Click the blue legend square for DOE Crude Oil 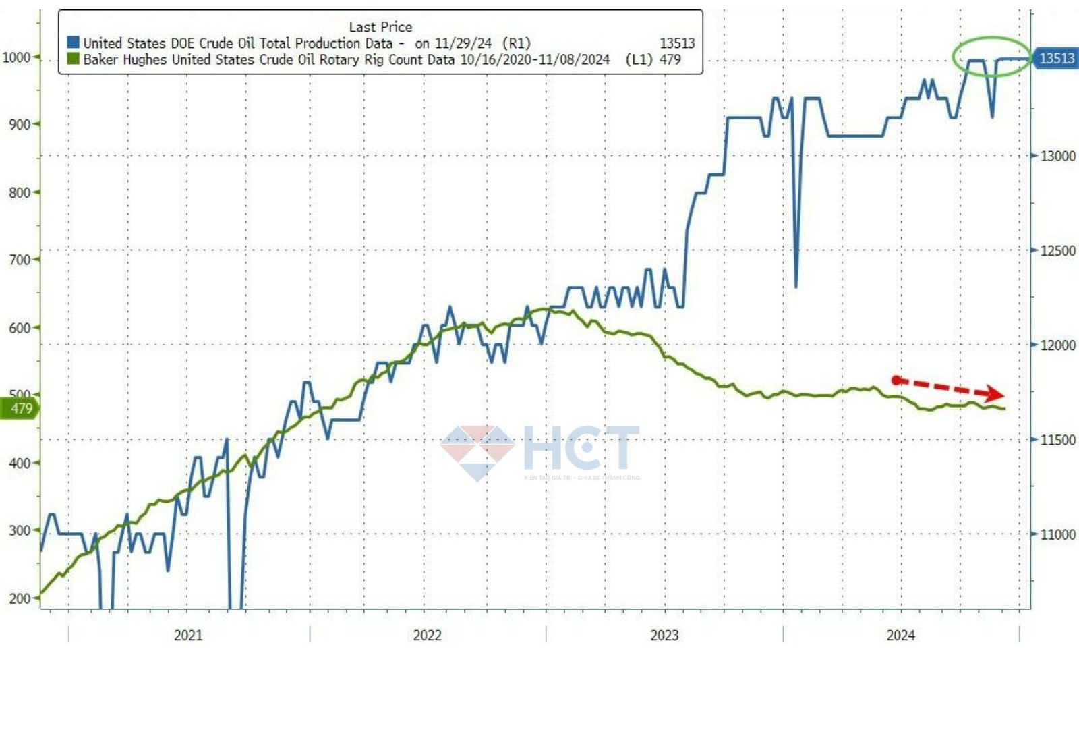click(74, 43)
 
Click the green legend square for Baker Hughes click(74, 59)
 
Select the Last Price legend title click(380, 27)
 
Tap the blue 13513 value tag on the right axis click(1055, 59)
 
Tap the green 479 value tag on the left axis click(20, 408)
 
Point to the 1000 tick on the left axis click(16, 57)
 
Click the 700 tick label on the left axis click(20, 260)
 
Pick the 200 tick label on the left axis click(20, 598)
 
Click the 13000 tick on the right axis click(1057, 156)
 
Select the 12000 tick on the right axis click(1057, 345)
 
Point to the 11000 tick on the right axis click(1057, 534)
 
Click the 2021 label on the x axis click(188, 635)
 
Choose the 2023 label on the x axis click(664, 635)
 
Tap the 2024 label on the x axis click(900, 635)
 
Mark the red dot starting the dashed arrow click(896, 381)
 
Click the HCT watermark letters click(581, 448)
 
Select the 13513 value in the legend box click(676, 43)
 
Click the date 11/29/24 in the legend click(463, 43)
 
